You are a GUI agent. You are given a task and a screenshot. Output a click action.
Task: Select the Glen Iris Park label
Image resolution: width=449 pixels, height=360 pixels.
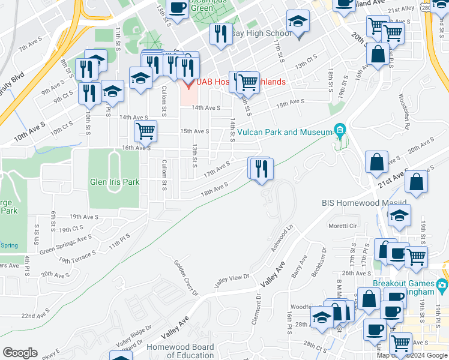coord(114,182)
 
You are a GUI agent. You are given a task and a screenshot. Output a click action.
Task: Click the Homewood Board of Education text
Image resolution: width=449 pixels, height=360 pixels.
coord(181,351)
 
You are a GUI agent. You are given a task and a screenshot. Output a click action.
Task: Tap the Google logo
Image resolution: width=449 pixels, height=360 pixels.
coord(20,353)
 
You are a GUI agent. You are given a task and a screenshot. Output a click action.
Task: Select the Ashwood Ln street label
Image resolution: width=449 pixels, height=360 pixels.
coord(284,236)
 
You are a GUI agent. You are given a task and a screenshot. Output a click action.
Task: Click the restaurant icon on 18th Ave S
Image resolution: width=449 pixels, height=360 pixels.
coord(261,168)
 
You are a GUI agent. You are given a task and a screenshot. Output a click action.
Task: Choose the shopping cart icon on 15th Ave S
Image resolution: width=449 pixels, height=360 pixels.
coord(145,130)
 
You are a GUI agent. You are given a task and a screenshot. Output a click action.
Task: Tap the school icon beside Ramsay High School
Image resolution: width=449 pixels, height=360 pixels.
coord(297,23)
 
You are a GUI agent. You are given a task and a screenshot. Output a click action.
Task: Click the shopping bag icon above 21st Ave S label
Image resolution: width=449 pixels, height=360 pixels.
coord(376,162)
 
